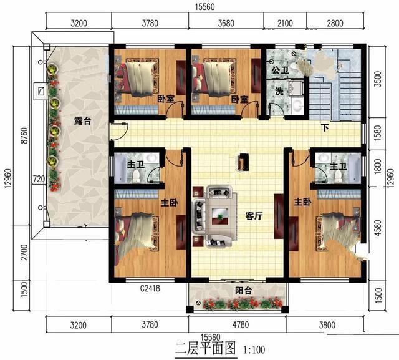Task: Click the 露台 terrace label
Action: click(x=82, y=121)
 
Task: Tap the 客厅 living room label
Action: click(x=254, y=216)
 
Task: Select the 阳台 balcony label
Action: click(x=244, y=291)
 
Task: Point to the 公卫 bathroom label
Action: click(x=280, y=70)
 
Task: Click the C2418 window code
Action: click(x=150, y=288)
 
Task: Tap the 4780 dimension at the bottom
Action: click(x=241, y=325)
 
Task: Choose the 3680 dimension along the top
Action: click(x=226, y=23)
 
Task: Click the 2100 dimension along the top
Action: click(x=285, y=23)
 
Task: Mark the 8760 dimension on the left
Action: click(x=24, y=135)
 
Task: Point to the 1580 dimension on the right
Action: click(x=378, y=133)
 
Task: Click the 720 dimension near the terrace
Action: click(x=39, y=179)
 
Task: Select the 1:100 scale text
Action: click(x=254, y=349)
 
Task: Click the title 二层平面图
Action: click(x=206, y=348)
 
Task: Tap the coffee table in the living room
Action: click(x=220, y=216)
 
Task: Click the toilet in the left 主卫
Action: click(x=137, y=176)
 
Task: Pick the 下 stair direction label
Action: click(x=325, y=128)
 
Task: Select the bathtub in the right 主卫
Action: click(x=354, y=168)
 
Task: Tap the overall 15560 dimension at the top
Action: click(x=205, y=7)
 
